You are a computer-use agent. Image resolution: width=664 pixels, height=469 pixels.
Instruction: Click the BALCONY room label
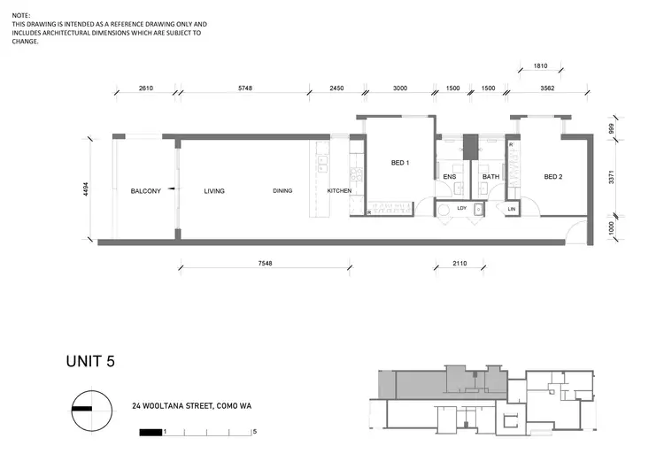click(x=145, y=191)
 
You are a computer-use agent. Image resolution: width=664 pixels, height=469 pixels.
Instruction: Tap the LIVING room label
click(x=214, y=191)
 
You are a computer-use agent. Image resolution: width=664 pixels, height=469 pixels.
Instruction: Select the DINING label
click(x=282, y=191)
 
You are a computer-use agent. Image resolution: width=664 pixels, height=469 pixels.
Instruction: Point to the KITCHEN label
click(x=339, y=191)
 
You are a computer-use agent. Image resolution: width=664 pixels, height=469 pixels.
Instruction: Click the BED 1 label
click(x=400, y=163)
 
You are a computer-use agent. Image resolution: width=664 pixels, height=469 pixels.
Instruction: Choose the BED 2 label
click(x=553, y=177)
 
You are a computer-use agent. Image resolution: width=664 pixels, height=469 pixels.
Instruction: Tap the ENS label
click(x=449, y=177)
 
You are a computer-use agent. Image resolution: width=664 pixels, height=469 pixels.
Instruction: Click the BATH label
click(x=490, y=177)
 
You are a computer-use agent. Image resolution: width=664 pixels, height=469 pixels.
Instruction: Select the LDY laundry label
click(x=461, y=209)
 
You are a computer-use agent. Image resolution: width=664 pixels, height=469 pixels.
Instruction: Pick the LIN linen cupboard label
click(x=512, y=209)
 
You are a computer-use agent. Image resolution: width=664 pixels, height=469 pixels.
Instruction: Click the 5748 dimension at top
click(x=245, y=88)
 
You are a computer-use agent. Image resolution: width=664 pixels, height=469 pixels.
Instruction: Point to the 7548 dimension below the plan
click(x=265, y=263)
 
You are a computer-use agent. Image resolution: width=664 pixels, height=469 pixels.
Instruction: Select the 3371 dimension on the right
click(x=610, y=177)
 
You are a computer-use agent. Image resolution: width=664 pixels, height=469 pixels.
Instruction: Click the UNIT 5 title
click(x=90, y=361)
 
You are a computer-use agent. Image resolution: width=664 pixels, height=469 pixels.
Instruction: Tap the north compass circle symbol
click(x=91, y=410)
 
